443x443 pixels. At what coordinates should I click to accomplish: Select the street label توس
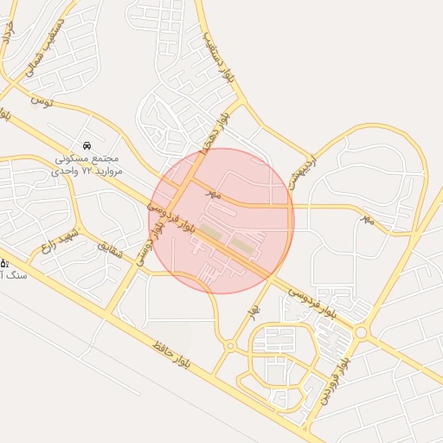[x=42, y=101]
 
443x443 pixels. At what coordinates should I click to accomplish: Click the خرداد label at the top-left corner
[x=9, y=33]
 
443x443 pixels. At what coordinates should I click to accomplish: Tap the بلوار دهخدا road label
[x=215, y=129]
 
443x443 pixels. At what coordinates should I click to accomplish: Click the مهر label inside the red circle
[x=215, y=195]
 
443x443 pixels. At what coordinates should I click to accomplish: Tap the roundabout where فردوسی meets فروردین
[x=360, y=331]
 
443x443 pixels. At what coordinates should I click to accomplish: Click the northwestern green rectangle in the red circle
[x=210, y=231]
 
